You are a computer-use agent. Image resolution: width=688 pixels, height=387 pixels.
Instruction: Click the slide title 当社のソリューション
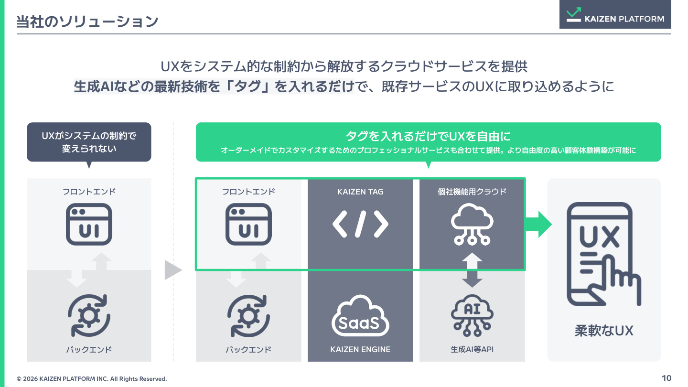pyautogui.click(x=87, y=21)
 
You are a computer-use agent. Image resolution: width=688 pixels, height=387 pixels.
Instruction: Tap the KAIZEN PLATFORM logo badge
pyautogui.click(x=615, y=14)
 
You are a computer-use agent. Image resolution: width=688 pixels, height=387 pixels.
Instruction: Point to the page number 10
pyautogui.click(x=666, y=378)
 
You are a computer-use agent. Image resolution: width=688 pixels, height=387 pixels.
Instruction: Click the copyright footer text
pyautogui.click(x=92, y=379)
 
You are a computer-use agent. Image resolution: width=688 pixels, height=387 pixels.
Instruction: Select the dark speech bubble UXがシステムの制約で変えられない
pyautogui.click(x=89, y=142)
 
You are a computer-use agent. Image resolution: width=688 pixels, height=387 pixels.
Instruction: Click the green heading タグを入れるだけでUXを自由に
pyautogui.click(x=428, y=136)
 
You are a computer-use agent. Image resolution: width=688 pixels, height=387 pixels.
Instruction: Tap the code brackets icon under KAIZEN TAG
pyautogui.click(x=360, y=224)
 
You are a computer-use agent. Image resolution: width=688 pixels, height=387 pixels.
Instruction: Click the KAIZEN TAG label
pyautogui.click(x=360, y=192)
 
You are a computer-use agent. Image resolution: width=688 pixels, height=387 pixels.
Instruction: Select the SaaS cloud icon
pyautogui.click(x=360, y=315)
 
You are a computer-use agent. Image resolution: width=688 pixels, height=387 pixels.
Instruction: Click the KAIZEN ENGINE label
pyautogui.click(x=360, y=349)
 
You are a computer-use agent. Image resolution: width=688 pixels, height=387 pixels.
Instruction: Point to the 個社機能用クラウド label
pyautogui.click(x=472, y=192)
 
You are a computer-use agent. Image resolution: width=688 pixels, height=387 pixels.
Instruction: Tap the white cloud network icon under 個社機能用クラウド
pyautogui.click(x=472, y=225)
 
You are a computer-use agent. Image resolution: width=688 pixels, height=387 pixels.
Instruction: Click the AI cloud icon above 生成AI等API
pyautogui.click(x=472, y=315)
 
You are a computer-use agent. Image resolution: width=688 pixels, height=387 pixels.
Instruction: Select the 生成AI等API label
pyautogui.click(x=472, y=349)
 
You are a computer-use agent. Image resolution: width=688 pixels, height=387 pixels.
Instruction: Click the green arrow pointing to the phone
pyautogui.click(x=538, y=225)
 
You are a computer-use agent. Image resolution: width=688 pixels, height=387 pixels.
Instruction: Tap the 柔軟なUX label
pyautogui.click(x=604, y=331)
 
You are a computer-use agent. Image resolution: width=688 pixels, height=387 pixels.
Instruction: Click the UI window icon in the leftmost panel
pyautogui.click(x=89, y=224)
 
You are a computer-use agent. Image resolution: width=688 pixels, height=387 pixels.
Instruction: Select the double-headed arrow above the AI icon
pyautogui.click(x=472, y=270)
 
